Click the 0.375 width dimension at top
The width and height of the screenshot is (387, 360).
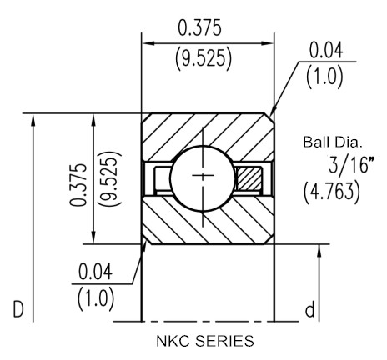click(199, 27)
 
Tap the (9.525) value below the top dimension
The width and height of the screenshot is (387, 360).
click(204, 59)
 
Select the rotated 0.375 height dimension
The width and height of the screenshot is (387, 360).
click(78, 185)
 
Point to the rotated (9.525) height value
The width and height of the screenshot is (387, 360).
click(111, 178)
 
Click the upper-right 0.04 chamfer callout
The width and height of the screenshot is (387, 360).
click(326, 50)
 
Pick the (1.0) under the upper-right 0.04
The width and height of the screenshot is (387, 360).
click(324, 77)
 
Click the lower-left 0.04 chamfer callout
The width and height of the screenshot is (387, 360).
click(95, 272)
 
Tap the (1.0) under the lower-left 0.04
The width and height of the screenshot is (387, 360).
click(95, 299)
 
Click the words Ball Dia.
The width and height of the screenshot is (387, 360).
click(333, 142)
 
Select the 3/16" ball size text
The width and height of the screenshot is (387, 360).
click(351, 164)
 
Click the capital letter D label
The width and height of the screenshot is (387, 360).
click(18, 309)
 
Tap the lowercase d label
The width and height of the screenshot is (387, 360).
click(310, 309)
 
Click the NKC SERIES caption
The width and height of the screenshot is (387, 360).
click(205, 341)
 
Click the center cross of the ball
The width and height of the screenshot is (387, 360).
click(203, 175)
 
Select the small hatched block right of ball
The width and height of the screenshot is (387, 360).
click(249, 179)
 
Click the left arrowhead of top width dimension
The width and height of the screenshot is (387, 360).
click(148, 43)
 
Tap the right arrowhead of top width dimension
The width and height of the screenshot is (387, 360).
click(268, 43)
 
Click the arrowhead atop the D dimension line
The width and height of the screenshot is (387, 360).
click(33, 120)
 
